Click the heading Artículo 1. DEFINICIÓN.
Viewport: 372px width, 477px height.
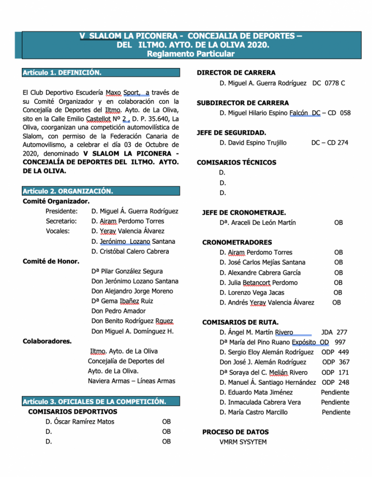tap(61, 73)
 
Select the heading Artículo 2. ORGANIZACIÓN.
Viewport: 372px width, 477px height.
tap(68, 191)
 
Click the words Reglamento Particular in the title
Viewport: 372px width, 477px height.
tap(191, 54)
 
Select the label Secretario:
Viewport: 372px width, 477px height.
tap(61, 221)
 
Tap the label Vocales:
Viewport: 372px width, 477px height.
tap(58, 231)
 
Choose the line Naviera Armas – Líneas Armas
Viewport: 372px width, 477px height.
tap(132, 381)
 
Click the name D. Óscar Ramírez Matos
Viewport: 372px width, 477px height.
tap(80, 422)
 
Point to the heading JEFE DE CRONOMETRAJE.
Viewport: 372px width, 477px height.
tap(244, 212)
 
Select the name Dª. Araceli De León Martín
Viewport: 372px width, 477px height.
tap(258, 223)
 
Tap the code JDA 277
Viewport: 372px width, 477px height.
tap(334, 333)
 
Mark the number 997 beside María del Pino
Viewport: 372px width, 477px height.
tap(340, 342)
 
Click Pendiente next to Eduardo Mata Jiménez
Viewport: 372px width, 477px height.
tap(335, 392)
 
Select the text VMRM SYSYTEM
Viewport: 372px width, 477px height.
tap(243, 442)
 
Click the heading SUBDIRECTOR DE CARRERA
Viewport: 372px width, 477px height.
tap(243, 103)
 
